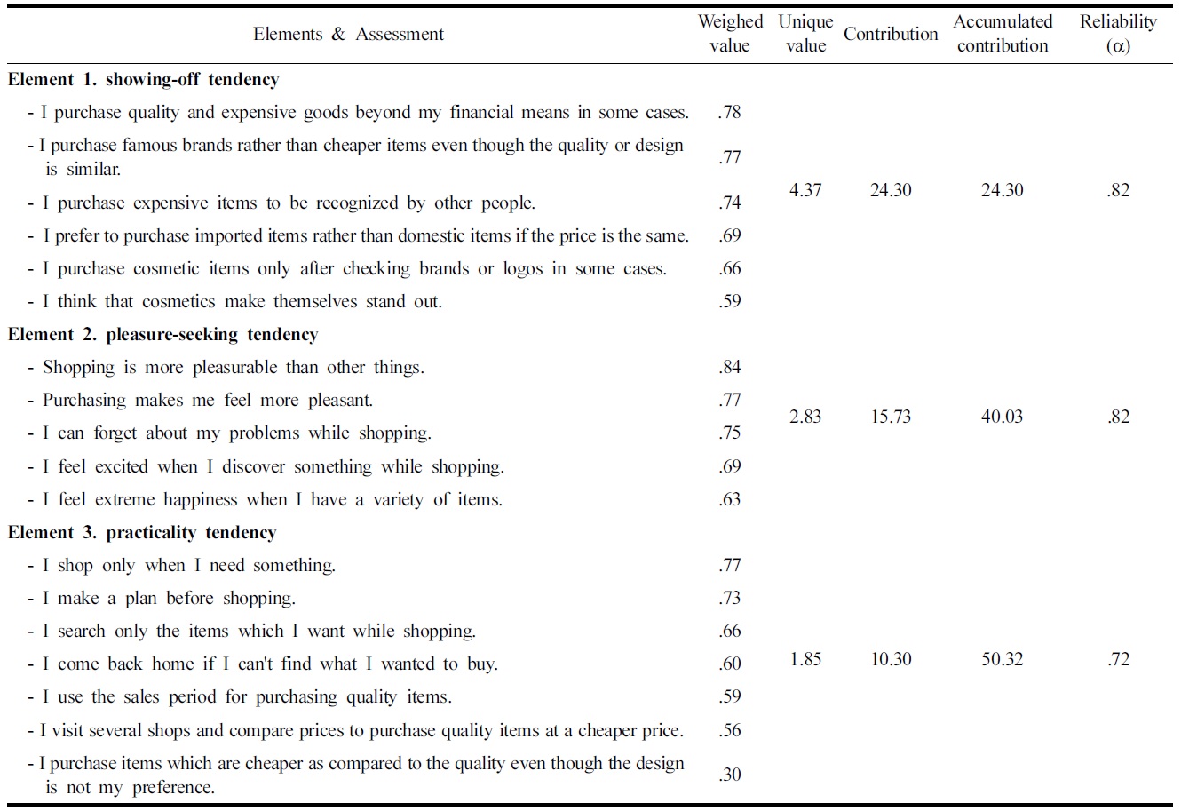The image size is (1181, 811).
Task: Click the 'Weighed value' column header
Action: pyautogui.click(x=730, y=34)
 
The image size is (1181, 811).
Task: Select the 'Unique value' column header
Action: pyautogui.click(x=805, y=34)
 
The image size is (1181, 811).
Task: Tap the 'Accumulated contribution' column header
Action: pyautogui.click(x=1003, y=34)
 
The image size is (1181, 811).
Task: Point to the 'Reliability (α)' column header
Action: pyautogui.click(x=1118, y=34)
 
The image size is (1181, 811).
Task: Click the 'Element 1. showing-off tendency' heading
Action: pyautogui.click(x=143, y=80)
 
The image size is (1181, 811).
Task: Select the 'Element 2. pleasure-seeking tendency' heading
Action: pyautogui.click(x=163, y=335)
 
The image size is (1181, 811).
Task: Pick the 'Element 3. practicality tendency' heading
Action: pyautogui.click(x=142, y=533)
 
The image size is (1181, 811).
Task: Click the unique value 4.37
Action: pyautogui.click(x=805, y=190)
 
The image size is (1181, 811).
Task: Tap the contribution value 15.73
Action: pyautogui.click(x=891, y=417)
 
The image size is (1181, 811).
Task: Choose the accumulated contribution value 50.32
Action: pyautogui.click(x=1003, y=659)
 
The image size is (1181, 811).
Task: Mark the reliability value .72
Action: pyautogui.click(x=1118, y=659)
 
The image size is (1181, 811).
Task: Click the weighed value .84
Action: pyautogui.click(x=730, y=367)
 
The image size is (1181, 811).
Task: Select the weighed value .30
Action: pyautogui.click(x=730, y=775)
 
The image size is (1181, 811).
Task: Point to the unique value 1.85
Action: pyautogui.click(x=805, y=659)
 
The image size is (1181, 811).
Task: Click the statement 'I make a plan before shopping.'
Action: pyautogui.click(x=169, y=599)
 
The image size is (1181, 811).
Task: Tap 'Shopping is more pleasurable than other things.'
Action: pyautogui.click(x=233, y=368)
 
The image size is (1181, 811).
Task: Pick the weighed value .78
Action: pyautogui.click(x=730, y=112)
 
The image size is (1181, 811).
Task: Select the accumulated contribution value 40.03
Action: pyautogui.click(x=1003, y=417)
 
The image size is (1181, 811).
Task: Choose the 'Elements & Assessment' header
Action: pyautogui.click(x=348, y=35)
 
